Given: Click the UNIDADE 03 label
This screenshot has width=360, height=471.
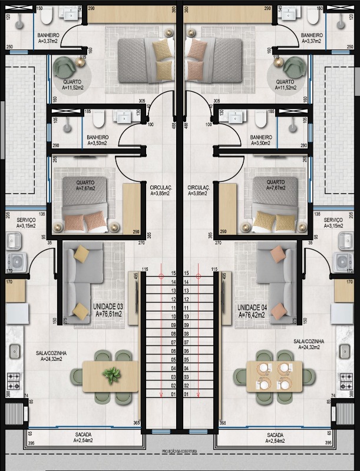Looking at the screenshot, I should pyautogui.click(x=108, y=307).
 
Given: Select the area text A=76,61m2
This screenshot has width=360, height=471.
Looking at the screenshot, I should pyautogui.click(x=108, y=314).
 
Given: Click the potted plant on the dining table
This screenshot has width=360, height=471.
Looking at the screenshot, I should pyautogui.click(x=110, y=374).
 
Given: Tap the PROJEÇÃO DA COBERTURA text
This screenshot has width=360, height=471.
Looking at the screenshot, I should pyautogui.click(x=180, y=452).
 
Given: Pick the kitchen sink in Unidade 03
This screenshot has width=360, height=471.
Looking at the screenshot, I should pyautogui.click(x=14, y=351).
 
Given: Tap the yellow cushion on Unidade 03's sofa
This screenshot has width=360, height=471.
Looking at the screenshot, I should pyautogui.click(x=81, y=254).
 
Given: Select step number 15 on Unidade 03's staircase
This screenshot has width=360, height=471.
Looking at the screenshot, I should pyautogui.click(x=173, y=274).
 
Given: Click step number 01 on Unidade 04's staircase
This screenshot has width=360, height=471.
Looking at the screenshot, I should pyautogui.click(x=186, y=393).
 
